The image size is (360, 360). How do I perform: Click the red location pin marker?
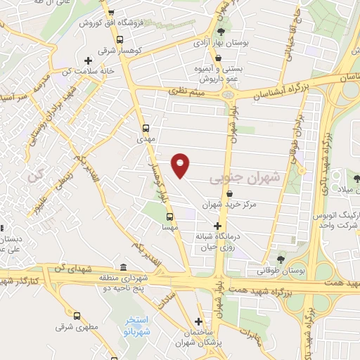pos(181,166)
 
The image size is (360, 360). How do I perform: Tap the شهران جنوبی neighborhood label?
pos(244,179)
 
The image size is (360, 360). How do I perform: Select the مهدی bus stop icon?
pos(146,128)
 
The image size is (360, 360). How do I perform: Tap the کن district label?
pos(36,176)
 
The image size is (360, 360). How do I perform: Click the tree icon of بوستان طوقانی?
pos(281,257)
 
